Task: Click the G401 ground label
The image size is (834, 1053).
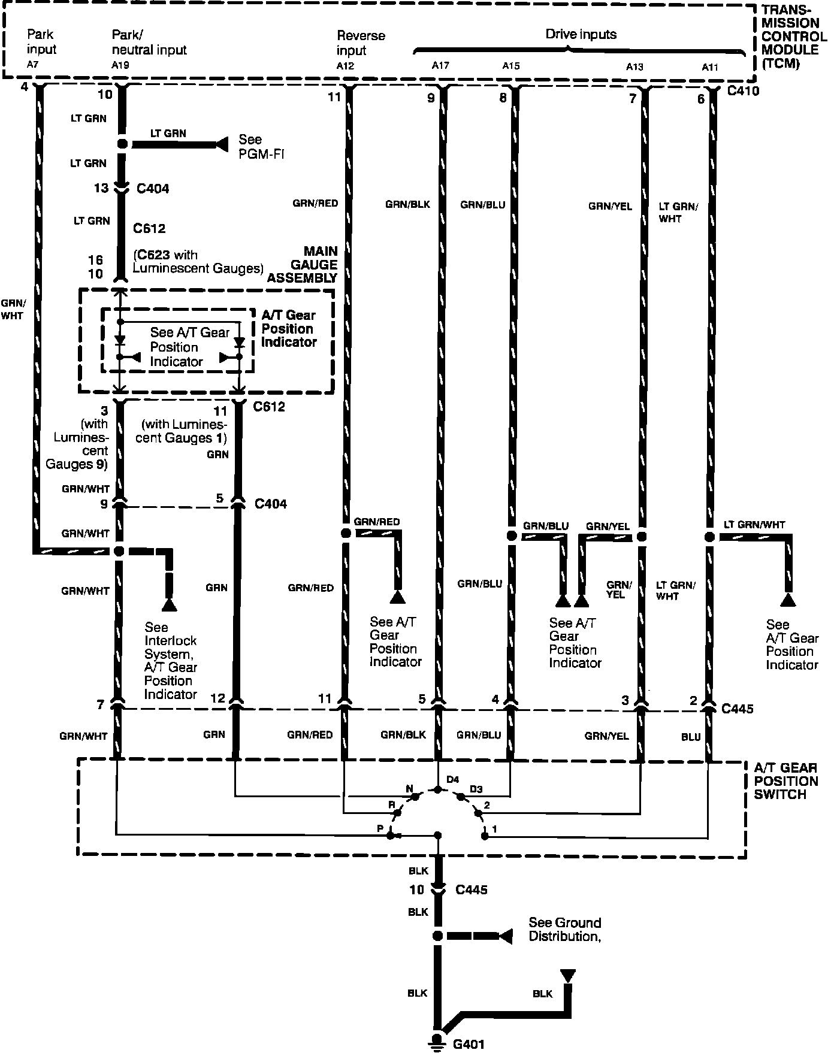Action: click(x=469, y=1044)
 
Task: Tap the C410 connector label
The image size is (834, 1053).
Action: click(x=743, y=91)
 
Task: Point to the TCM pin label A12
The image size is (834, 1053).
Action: click(x=345, y=66)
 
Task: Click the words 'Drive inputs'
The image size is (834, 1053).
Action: click(x=581, y=35)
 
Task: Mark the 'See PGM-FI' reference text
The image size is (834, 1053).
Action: click(x=261, y=147)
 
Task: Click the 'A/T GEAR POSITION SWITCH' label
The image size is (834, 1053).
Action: click(x=785, y=781)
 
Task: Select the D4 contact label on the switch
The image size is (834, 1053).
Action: click(x=452, y=779)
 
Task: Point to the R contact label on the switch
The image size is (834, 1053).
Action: click(x=392, y=804)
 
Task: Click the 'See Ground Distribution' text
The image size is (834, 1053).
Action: click(x=564, y=930)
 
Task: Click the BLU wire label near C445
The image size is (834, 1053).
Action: click(x=690, y=737)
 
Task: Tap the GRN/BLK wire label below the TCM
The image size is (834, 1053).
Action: click(x=407, y=204)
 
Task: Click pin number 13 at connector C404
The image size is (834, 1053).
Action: click(x=101, y=188)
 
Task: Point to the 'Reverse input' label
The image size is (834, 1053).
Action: click(x=361, y=43)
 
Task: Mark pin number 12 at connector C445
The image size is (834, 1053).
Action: click(x=217, y=698)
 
